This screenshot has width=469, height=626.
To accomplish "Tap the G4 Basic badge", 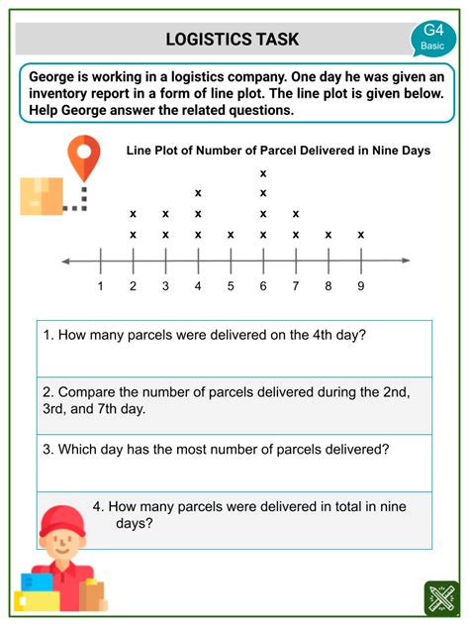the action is click(x=432, y=37).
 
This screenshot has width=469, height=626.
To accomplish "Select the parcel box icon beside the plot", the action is click(x=41, y=196).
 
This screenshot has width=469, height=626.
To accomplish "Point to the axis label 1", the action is click(x=101, y=287).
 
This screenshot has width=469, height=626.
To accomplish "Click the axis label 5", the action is click(x=231, y=287).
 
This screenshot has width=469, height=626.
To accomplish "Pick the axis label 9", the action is click(x=361, y=287).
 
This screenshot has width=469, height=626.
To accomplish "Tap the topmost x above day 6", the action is click(x=263, y=173).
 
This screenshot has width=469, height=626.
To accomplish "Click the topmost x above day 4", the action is click(x=198, y=193).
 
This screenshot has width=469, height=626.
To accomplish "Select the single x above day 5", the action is click(x=231, y=235).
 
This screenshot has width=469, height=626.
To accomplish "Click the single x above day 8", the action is click(x=328, y=235).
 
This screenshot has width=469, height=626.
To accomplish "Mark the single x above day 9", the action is click(x=361, y=235).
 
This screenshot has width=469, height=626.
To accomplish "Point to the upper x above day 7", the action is click(x=296, y=214).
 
